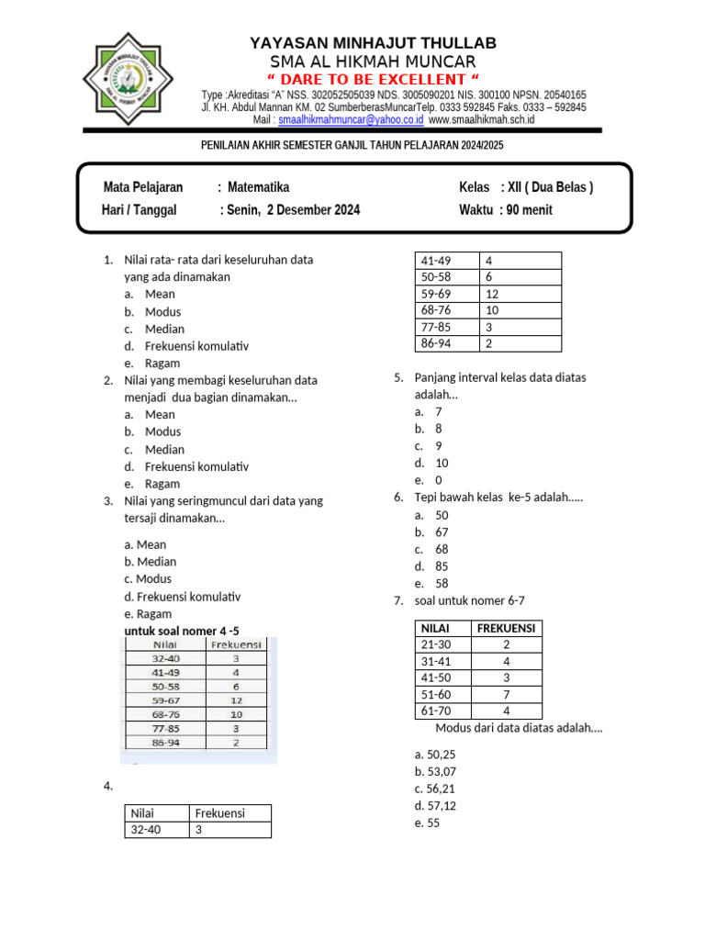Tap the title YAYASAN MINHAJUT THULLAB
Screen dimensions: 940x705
coord(373,43)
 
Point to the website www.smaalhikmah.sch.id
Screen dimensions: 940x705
coord(481,119)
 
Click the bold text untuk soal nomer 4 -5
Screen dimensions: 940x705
coord(187,632)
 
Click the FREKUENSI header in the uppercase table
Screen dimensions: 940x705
coord(507,628)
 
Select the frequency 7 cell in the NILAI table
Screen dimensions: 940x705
coord(507,694)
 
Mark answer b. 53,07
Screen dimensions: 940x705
coord(435,771)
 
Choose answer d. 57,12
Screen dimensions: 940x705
coord(435,806)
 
